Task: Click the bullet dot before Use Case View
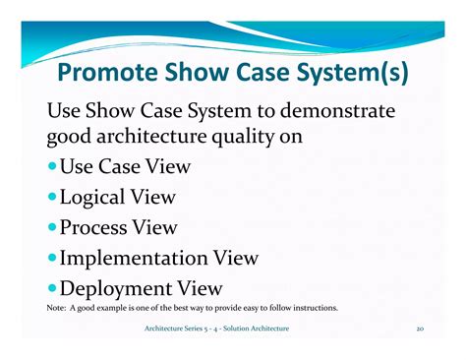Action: pos(52,168)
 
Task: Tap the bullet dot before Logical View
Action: pos(52,199)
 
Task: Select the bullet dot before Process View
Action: pos(52,228)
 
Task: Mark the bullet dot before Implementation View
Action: pos(52,259)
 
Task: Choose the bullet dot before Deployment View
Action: pos(52,289)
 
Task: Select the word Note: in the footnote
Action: pos(57,308)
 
